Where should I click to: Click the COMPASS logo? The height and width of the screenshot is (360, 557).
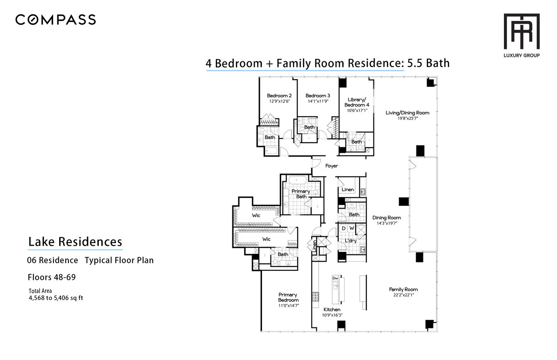pyautogui.click(x=55, y=20)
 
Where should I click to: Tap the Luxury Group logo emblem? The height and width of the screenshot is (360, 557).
pyautogui.click(x=522, y=31)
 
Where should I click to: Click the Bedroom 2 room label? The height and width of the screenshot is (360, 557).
pyautogui.click(x=279, y=96)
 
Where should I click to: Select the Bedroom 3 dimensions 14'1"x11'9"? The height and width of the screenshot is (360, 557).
pyautogui.click(x=318, y=101)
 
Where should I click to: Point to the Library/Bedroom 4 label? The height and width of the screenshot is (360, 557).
pyautogui.click(x=357, y=102)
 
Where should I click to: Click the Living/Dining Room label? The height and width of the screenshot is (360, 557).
pyautogui.click(x=407, y=113)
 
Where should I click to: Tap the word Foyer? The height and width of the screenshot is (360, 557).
pyautogui.click(x=332, y=166)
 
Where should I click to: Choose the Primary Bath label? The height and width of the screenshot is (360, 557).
pyautogui.click(x=301, y=194)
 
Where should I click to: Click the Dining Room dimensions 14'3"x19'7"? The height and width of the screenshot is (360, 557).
pyautogui.click(x=387, y=223)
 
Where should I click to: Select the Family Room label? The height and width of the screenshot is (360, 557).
pyautogui.click(x=403, y=290)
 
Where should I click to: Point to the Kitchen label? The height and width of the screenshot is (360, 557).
pyautogui.click(x=332, y=310)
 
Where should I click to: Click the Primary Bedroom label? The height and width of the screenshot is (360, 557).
pyautogui.click(x=288, y=297)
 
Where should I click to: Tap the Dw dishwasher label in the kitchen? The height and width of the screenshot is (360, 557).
pyautogui.click(x=335, y=278)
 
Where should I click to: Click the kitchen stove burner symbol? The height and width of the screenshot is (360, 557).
pyautogui.click(x=315, y=297)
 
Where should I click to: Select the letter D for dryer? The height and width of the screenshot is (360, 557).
pyautogui.click(x=344, y=228)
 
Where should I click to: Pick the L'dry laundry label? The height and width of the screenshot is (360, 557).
pyautogui.click(x=351, y=241)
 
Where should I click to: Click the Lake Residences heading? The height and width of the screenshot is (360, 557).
pyautogui.click(x=75, y=242)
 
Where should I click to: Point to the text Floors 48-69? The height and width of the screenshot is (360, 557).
pyautogui.click(x=52, y=277)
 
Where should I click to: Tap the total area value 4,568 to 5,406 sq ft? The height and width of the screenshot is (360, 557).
pyautogui.click(x=56, y=298)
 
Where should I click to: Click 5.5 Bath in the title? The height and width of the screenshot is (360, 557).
pyautogui.click(x=428, y=63)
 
